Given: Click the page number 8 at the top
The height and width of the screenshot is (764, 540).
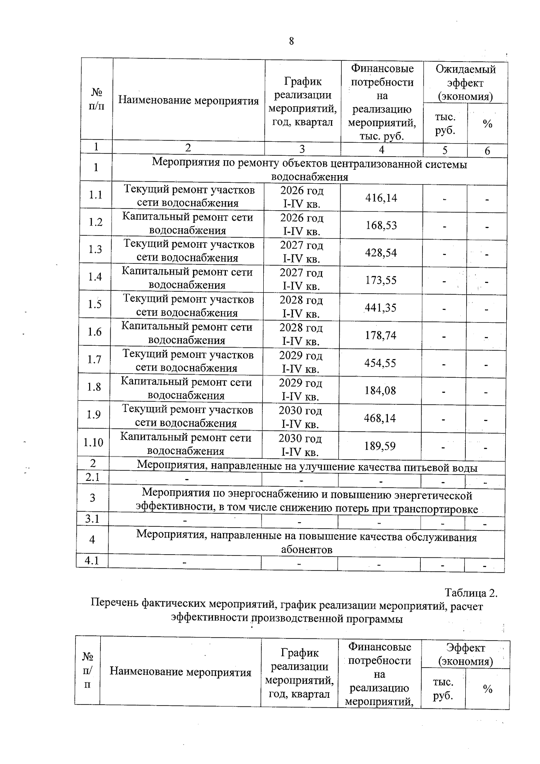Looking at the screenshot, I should (x=291, y=41).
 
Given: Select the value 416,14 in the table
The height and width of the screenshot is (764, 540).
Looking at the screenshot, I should (x=381, y=198).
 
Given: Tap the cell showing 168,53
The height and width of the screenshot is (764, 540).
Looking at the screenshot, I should (x=381, y=225).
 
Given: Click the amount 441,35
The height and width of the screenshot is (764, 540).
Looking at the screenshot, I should (x=381, y=308).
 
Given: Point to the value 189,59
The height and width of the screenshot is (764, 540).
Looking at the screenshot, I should (x=380, y=446).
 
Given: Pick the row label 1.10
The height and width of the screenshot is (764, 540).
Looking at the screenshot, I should (x=94, y=443).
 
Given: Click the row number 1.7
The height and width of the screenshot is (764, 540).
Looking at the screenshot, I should (x=94, y=360).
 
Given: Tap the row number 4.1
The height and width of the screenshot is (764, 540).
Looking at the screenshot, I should (x=92, y=561).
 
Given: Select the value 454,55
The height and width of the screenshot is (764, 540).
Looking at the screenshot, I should (x=380, y=363).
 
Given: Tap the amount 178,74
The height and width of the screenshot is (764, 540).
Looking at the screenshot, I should (x=381, y=335).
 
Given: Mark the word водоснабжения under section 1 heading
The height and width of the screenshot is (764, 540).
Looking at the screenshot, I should (x=310, y=177).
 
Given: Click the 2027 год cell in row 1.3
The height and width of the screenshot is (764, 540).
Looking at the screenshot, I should (x=301, y=246).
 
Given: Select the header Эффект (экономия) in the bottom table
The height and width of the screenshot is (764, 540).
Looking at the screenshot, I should (x=465, y=655).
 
